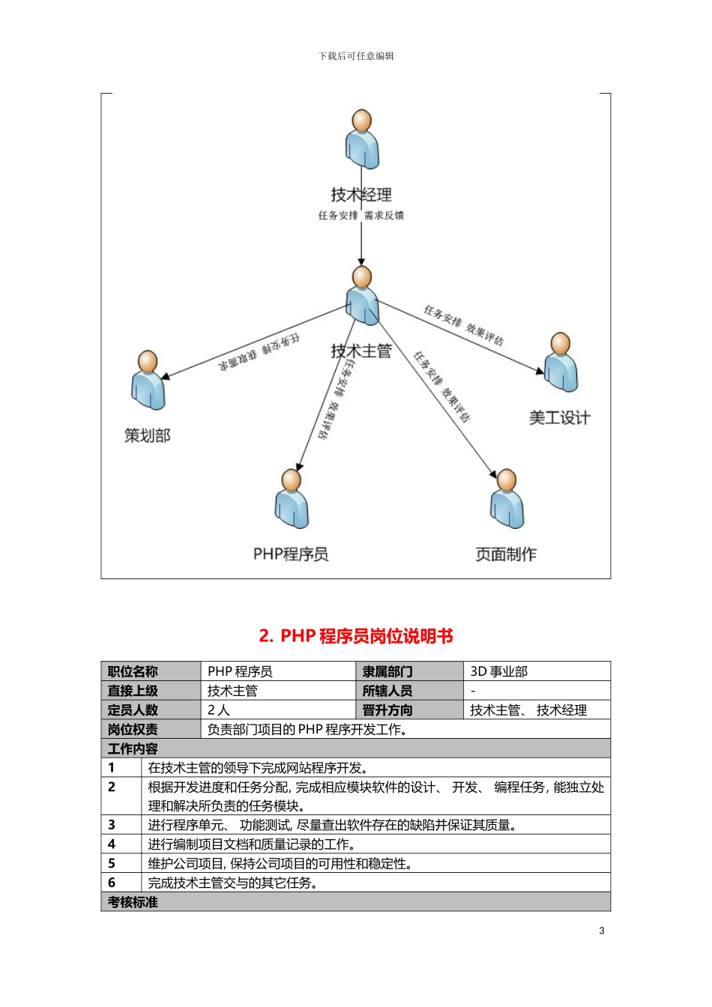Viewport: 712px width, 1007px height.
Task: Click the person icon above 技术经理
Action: (362, 139)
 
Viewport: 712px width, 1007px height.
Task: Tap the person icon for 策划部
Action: (148, 380)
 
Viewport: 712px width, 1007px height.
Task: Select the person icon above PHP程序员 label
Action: (292, 498)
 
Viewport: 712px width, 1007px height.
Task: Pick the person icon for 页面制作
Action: (507, 498)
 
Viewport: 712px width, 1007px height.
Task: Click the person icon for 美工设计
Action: (561, 363)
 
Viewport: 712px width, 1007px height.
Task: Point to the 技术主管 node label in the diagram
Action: (361, 351)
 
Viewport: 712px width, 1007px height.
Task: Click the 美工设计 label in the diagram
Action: (559, 417)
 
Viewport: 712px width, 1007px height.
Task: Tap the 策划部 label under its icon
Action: (148, 435)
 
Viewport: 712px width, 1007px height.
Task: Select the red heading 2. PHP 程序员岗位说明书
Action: (356, 636)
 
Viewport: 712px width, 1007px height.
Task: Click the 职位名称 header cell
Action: (133, 671)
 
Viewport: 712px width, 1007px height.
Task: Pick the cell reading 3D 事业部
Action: (499, 671)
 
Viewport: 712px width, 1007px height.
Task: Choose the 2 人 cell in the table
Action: (219, 710)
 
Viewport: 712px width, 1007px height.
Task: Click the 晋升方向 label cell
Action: (387, 710)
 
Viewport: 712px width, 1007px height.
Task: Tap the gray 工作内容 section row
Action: (356, 749)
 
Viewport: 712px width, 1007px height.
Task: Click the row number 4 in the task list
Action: (112, 844)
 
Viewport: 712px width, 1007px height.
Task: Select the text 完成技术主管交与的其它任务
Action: (232, 883)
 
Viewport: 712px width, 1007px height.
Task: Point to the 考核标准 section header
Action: (133, 902)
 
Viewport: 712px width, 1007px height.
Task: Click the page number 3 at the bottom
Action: (602, 931)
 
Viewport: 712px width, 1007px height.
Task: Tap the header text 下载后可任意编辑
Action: (356, 56)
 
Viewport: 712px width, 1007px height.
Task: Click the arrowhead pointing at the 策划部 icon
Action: (166, 375)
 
